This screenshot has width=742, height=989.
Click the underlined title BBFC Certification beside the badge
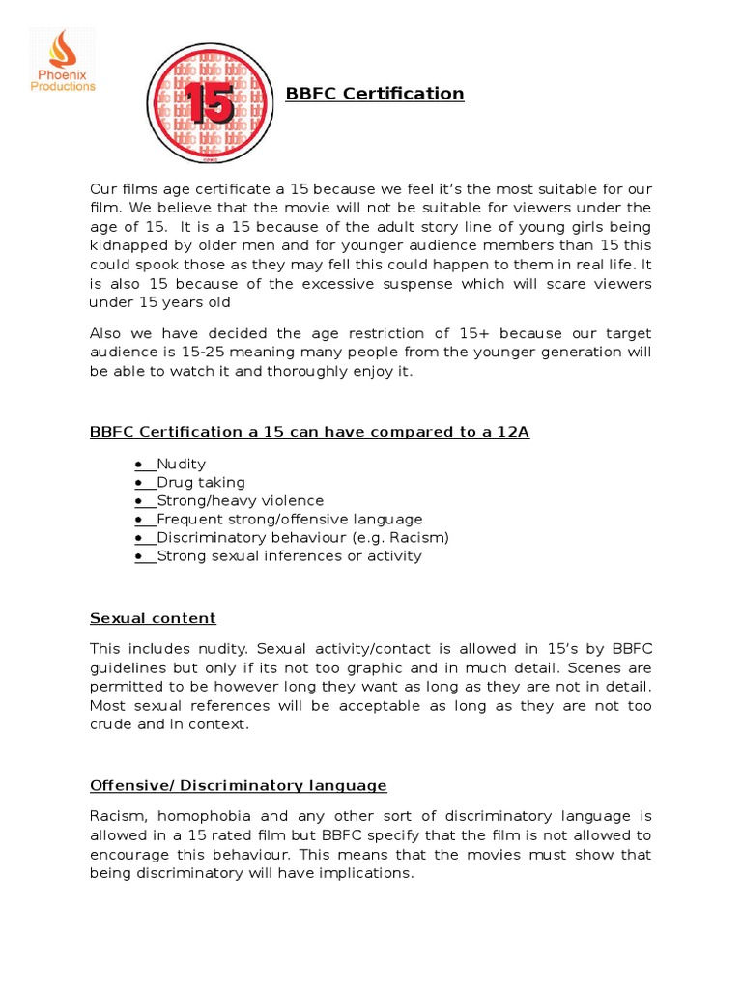375,94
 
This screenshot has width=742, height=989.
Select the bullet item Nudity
182,464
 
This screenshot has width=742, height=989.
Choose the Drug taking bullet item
201,482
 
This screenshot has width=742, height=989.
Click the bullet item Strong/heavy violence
241,500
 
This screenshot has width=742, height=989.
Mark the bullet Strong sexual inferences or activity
289,555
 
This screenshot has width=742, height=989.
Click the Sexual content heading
153,618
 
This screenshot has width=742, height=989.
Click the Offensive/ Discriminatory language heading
238,785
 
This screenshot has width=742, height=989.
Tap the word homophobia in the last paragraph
221,817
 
